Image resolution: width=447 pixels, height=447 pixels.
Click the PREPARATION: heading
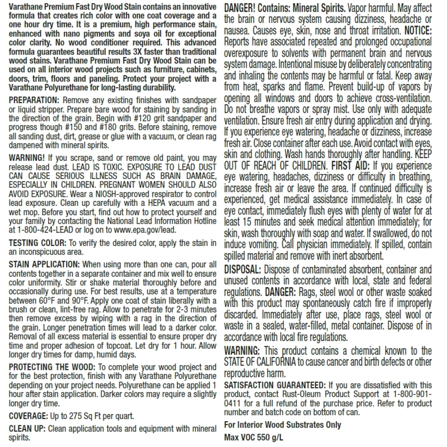pyautogui.click(x=34, y=100)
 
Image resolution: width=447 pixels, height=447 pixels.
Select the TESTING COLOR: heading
pyautogui.click(x=38, y=243)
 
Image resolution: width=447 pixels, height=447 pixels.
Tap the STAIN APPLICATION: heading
pyautogui.click(x=44, y=264)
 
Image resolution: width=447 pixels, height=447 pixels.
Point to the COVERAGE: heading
pyautogui.click(x=28, y=416)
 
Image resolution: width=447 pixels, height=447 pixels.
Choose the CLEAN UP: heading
pyautogui.click(x=27, y=429)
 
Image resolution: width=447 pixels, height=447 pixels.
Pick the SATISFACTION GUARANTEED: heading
pyautogui.click(x=275, y=385)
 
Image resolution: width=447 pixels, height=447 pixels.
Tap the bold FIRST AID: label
pyautogui.click(x=351, y=166)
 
